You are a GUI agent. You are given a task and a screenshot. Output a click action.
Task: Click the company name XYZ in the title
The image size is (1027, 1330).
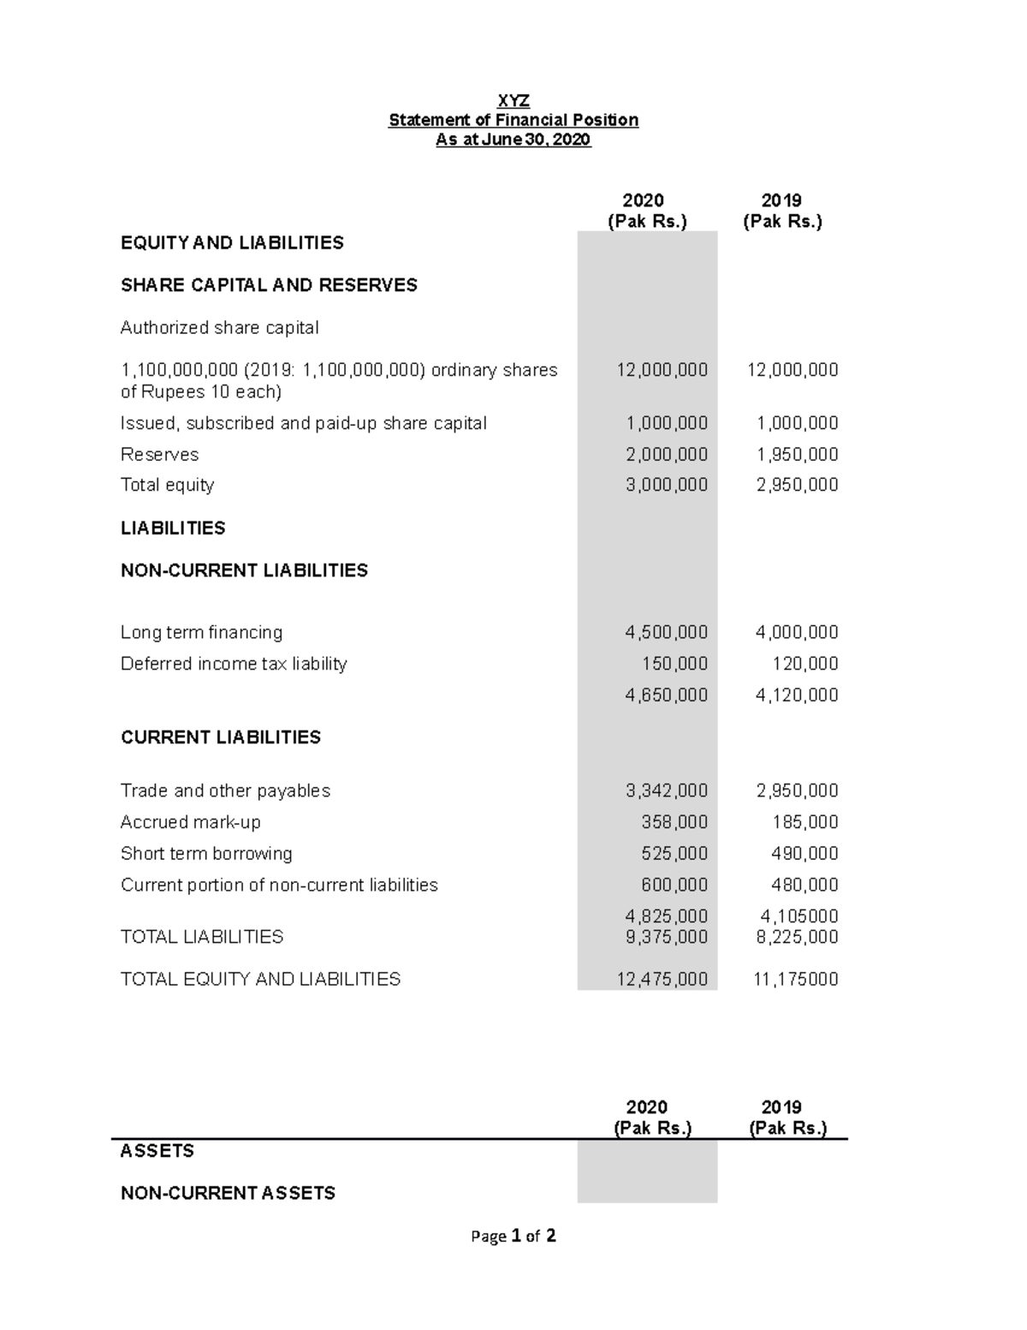point(513,100)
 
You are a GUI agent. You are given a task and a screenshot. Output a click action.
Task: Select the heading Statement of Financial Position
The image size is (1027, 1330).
point(513,120)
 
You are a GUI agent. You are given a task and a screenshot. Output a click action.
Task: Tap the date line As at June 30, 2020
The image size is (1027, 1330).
point(513,140)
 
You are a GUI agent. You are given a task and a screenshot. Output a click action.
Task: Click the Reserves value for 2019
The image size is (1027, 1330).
point(797,455)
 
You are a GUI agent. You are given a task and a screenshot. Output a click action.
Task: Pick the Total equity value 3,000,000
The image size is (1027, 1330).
point(666,485)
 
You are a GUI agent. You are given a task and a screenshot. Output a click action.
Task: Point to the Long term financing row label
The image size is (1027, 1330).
point(201,632)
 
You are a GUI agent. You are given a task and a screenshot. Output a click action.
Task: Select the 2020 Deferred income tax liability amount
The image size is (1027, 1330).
point(674,664)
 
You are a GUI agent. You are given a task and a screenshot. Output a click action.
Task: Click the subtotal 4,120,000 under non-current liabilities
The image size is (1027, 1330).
point(797,695)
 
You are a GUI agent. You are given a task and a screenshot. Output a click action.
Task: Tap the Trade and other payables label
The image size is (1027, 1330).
point(225,790)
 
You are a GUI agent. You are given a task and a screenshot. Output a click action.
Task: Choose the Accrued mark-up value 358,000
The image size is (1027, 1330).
point(674,822)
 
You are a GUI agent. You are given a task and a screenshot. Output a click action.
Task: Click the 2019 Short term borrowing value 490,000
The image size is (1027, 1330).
point(805,854)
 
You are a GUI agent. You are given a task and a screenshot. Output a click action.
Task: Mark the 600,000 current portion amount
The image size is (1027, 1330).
point(674,885)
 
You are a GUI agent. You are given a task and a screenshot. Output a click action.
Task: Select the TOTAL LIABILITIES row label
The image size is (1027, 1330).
point(202,937)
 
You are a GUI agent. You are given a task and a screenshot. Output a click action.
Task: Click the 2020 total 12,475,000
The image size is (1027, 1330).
point(662,979)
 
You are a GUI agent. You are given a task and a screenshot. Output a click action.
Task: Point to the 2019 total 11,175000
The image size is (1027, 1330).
point(795,979)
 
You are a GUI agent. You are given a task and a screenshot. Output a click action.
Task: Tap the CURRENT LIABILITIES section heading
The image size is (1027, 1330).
point(221,737)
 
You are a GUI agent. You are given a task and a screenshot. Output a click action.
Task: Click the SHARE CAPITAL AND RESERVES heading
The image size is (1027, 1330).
point(269,285)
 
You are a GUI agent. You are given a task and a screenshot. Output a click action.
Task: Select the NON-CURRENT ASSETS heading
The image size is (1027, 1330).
point(228,1193)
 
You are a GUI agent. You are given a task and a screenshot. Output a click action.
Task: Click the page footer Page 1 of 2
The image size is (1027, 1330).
point(513,1236)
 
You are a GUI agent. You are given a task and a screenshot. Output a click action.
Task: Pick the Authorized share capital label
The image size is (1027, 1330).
point(219,328)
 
